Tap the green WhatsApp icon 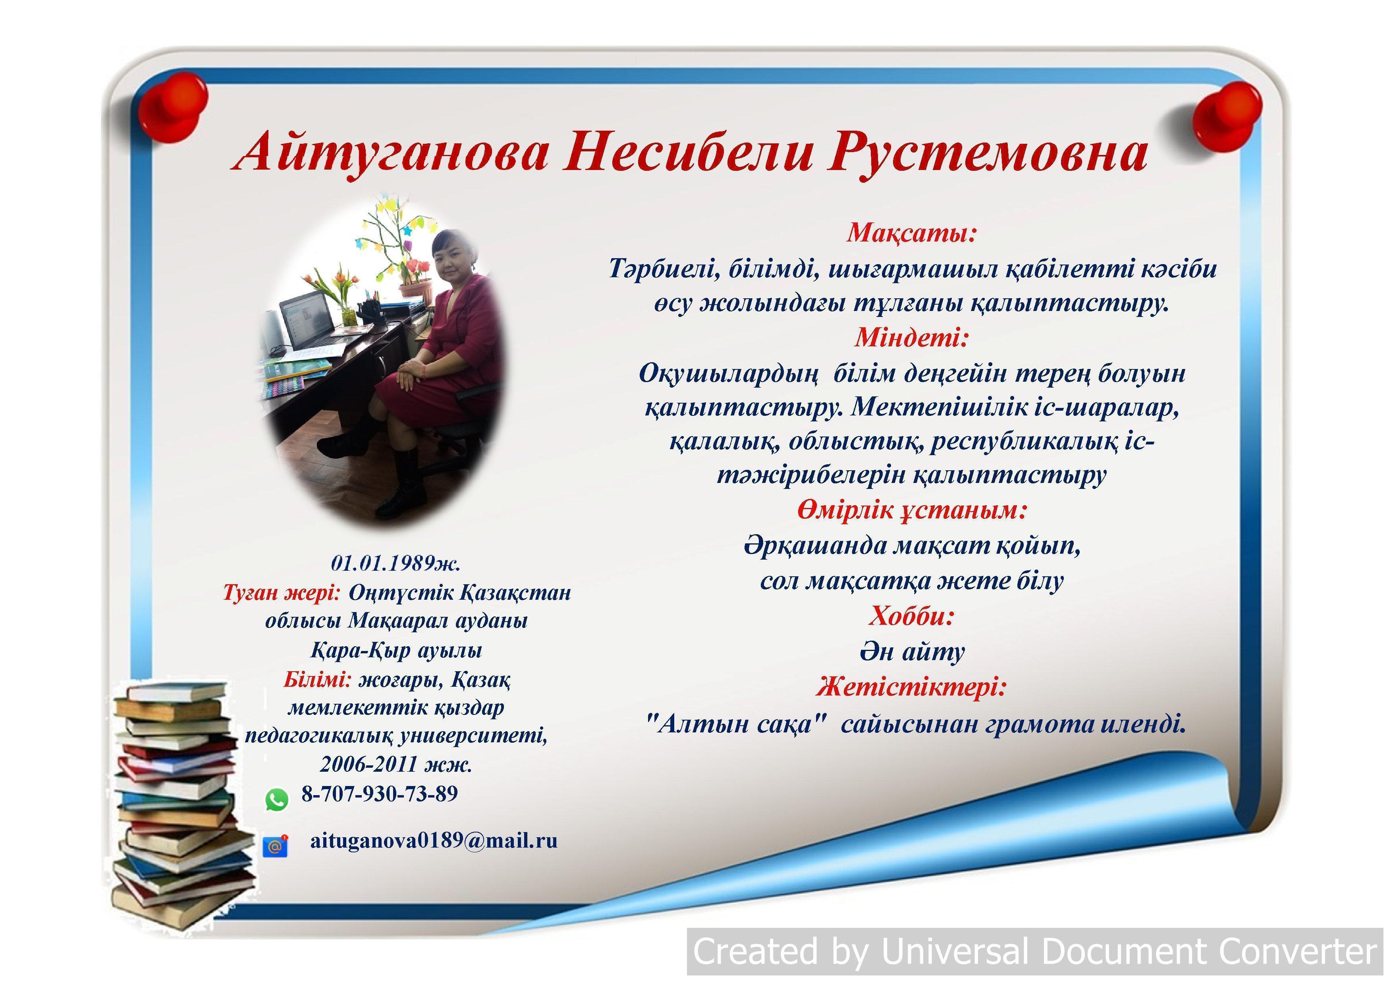[x=277, y=800]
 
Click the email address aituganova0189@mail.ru [x=434, y=840]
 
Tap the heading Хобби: [x=912, y=616]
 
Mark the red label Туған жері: [x=282, y=592]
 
